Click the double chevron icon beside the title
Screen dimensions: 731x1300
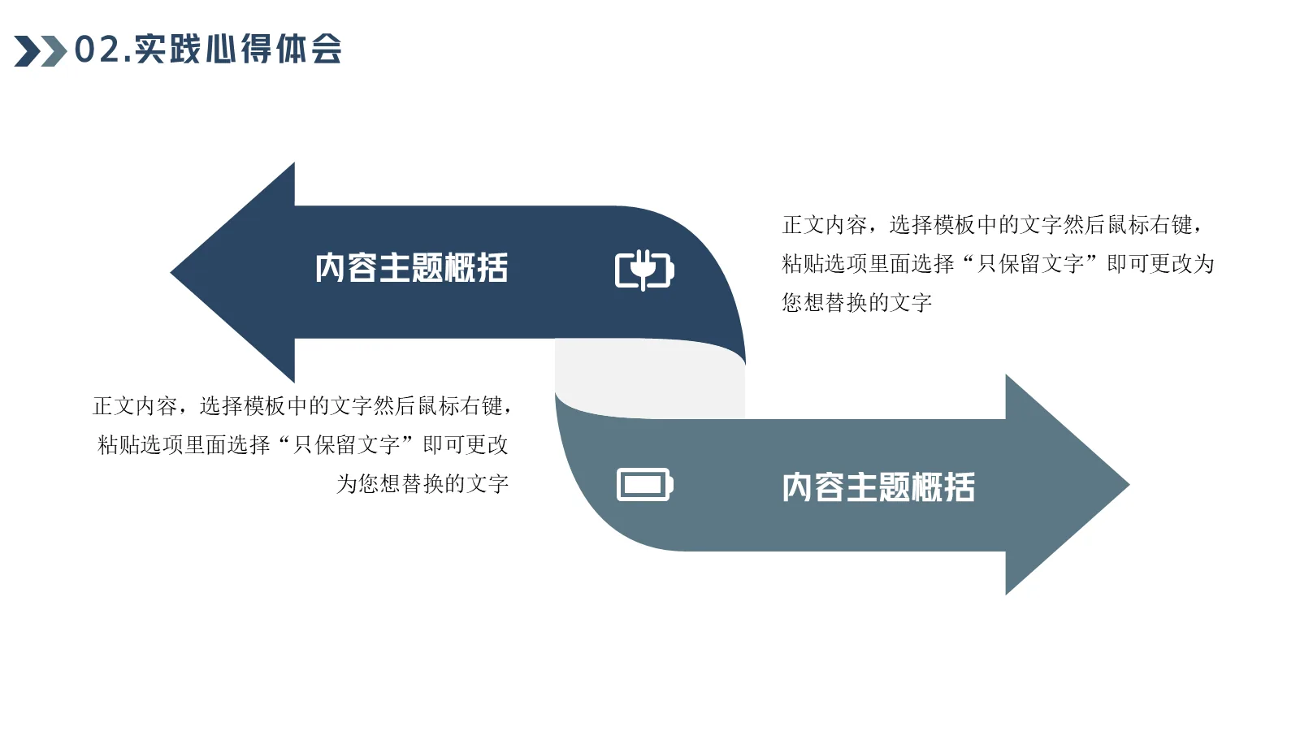click(40, 50)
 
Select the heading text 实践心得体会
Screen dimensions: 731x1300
click(238, 50)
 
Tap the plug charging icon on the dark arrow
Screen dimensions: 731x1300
click(643, 270)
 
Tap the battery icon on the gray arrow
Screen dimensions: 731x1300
click(644, 485)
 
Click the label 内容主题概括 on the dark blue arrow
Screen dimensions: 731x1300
click(411, 268)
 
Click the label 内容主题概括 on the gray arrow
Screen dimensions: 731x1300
click(878, 487)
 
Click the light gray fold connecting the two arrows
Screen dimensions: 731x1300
click(650, 378)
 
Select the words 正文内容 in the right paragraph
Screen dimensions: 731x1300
click(825, 225)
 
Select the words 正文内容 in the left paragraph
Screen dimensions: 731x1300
click(135, 405)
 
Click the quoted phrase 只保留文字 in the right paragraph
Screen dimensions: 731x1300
click(1030, 264)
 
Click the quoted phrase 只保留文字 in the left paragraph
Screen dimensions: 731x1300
click(346, 445)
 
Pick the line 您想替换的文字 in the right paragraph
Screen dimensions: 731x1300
click(856, 303)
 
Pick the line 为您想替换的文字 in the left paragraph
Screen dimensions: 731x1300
click(422, 484)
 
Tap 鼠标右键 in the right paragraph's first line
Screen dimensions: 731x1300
click(1150, 225)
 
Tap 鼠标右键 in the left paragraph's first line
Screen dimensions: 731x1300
click(461, 405)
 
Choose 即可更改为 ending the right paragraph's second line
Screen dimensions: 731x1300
click(1160, 264)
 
